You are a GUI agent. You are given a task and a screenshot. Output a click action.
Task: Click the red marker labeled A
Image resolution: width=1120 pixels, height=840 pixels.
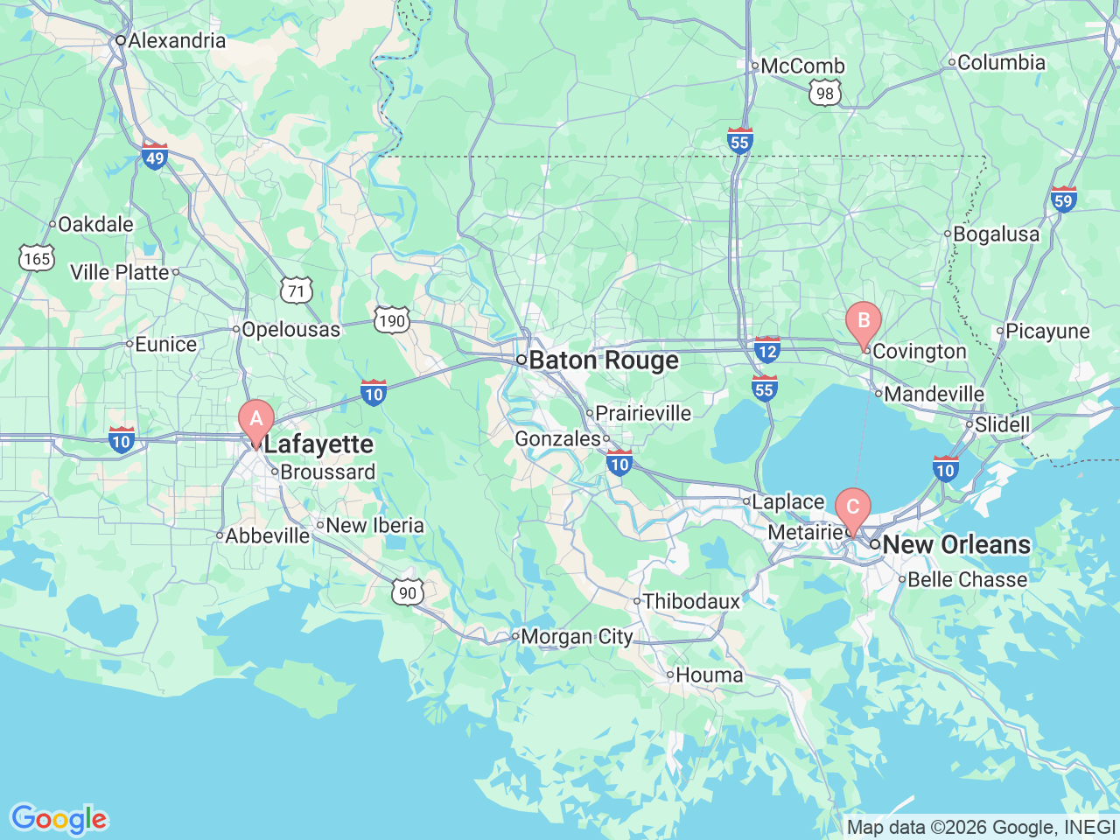click(256, 419)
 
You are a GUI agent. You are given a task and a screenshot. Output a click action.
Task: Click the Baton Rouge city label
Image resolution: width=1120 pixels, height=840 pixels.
click(603, 360)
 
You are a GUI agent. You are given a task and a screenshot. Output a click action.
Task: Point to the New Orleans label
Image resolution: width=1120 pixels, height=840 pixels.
click(955, 544)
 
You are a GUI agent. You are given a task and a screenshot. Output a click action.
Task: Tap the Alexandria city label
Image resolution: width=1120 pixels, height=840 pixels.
click(176, 40)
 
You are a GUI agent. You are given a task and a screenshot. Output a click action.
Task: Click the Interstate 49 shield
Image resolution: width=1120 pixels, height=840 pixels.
click(154, 157)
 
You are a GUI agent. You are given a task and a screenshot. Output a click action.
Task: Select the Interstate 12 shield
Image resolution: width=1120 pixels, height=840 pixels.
click(766, 350)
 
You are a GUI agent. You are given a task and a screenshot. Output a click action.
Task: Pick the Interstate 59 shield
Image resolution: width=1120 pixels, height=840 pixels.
click(1063, 200)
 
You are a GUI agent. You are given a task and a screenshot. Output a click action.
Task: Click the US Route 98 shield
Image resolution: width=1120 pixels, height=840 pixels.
click(824, 94)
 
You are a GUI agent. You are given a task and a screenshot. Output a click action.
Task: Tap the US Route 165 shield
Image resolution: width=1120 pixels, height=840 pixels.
click(37, 258)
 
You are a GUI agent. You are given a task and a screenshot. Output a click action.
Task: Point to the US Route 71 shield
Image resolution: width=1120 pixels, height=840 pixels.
click(297, 291)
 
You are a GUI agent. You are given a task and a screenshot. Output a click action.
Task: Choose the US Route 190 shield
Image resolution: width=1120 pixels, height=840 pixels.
click(391, 320)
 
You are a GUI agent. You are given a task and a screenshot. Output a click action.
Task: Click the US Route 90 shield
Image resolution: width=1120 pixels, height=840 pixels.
click(407, 592)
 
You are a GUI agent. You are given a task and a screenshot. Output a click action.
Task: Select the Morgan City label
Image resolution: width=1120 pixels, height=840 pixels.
click(576, 637)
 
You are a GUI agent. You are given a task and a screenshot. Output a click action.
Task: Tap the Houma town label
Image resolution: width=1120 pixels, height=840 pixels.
click(709, 675)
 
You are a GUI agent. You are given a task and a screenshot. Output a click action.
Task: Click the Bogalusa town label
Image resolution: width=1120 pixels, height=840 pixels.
click(996, 234)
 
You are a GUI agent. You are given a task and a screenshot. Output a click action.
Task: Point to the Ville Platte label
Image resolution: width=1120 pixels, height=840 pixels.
click(120, 272)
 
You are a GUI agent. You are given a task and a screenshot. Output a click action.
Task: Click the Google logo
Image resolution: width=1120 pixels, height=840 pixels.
click(59, 820)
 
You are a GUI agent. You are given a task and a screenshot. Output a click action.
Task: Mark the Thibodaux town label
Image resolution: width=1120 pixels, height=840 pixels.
click(690, 601)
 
